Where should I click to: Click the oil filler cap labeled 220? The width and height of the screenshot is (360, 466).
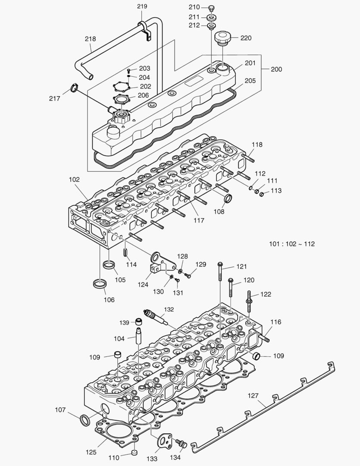223,38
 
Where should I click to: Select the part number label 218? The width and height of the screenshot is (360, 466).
90,39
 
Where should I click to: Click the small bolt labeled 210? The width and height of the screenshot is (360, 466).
211,8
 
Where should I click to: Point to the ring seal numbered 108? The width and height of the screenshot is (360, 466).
229,199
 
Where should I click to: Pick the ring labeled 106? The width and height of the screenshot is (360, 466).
100,283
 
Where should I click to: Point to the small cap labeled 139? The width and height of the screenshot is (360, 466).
139,322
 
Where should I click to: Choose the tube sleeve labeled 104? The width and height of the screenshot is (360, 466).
139,336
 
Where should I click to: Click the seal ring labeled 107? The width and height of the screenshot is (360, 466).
85,418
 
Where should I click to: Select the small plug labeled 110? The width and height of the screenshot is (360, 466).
134,452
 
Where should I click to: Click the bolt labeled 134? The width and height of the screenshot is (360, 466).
182,443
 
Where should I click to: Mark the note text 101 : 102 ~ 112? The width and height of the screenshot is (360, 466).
292,244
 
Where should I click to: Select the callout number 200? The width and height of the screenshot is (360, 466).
276,69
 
